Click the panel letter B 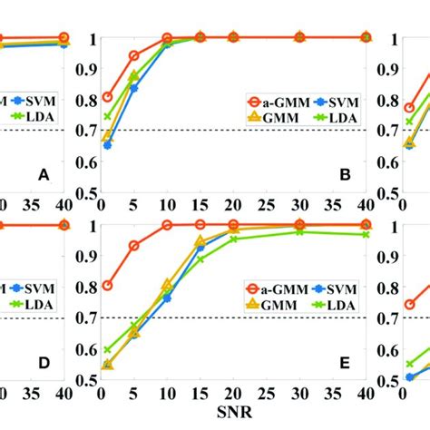coord(344,171)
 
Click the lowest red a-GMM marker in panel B coord(108,97)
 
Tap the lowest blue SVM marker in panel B coord(108,144)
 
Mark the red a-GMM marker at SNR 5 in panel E coord(134,246)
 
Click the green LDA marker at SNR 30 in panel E coord(299,232)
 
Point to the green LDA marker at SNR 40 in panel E coord(366,235)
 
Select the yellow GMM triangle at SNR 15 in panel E coord(200,241)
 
